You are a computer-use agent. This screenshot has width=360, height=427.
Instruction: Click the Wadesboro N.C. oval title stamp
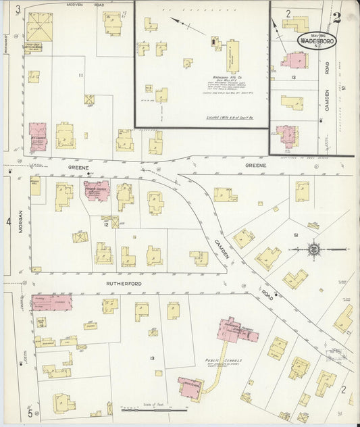tap(319, 41)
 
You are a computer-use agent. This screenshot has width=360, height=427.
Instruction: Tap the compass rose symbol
tap(314, 250)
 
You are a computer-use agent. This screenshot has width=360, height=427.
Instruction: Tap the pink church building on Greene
tap(97, 191)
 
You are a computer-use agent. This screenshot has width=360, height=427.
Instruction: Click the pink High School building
tap(190, 387)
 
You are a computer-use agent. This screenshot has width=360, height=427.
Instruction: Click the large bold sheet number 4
tap(8, 222)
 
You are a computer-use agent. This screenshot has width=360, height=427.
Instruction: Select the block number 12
tap(106, 223)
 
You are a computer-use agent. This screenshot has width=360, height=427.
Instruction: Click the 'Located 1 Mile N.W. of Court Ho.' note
tap(228, 118)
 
